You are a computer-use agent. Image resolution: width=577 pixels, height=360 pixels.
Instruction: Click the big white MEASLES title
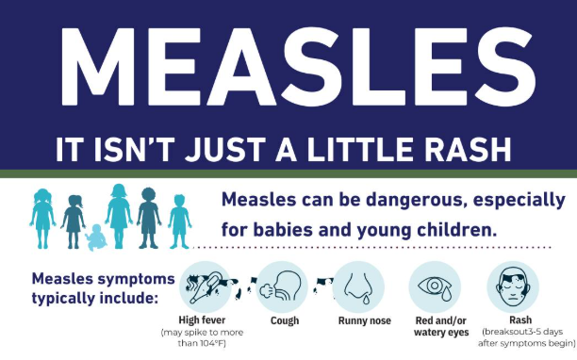pos(288,67)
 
